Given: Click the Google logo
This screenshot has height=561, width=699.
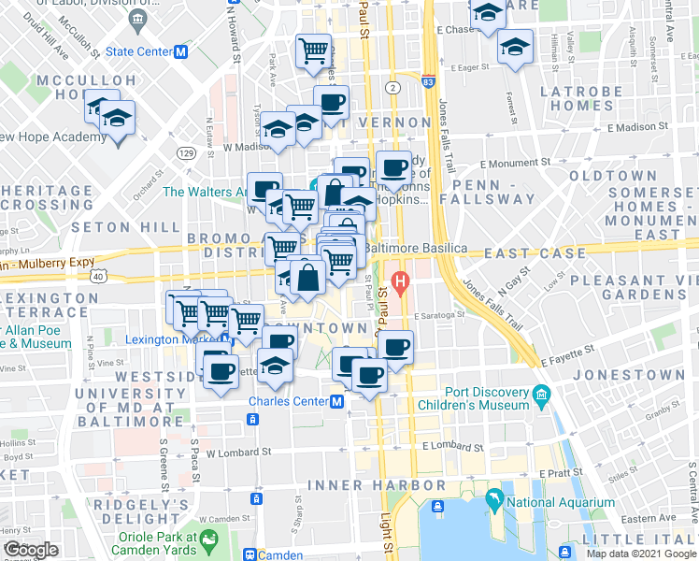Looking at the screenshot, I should coord(30,549).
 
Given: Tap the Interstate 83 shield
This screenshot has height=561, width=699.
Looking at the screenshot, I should coord(427,81).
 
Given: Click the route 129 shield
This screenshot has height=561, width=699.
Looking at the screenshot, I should coord(186,152).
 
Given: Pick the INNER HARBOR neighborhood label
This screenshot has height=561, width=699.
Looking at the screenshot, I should coord(377,485).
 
